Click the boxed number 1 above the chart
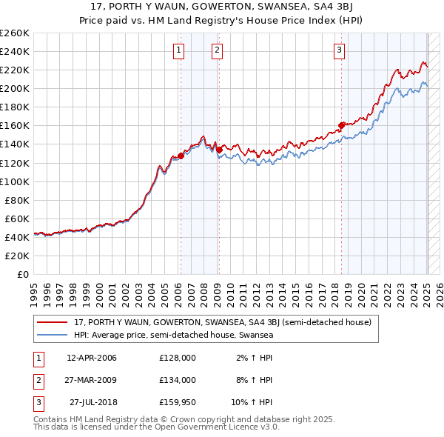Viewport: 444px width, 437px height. [180, 50]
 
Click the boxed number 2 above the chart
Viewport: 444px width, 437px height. [218, 50]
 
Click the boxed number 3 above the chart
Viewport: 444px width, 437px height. [339, 50]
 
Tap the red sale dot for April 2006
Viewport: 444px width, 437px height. [181, 156]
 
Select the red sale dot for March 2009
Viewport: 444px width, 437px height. [219, 150]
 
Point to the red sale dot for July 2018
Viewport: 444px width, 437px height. [341, 126]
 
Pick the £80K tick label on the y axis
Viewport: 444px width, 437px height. [18, 200]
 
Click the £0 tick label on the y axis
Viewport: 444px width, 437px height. [23, 274]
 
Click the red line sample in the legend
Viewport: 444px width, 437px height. [53, 323]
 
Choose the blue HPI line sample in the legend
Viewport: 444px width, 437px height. [53, 335]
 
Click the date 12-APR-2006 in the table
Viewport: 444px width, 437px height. [92, 358]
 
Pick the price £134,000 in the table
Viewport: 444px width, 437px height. [177, 380]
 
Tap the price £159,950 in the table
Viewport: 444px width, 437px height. [177, 402]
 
